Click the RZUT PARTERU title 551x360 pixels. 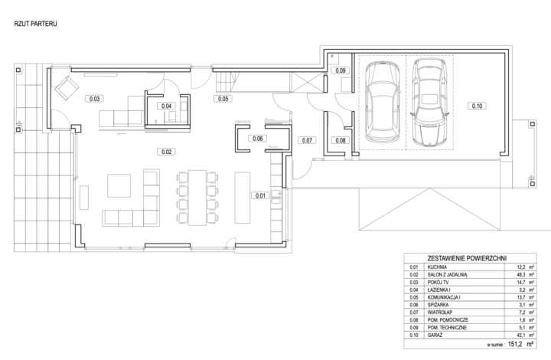pos(35,24)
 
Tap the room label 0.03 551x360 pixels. pos(95,99)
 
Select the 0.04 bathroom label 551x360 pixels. pos(166,106)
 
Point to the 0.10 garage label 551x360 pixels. pos(477,106)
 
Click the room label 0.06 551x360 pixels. pos(258,139)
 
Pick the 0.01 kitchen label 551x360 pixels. pos(260,195)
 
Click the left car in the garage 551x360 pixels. pos(383,102)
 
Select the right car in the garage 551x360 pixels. pos(430,102)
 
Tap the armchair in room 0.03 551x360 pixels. pos(66,88)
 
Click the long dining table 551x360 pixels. pos(197,198)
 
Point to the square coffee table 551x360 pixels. pos(119,185)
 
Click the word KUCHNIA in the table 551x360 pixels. pos(437,267)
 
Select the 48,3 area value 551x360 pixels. pos(521,274)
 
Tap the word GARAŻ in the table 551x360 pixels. pos(435,335)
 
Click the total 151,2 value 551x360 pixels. pos(516,344)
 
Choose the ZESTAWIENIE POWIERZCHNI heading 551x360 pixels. pos(467,258)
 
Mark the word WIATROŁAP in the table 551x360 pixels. pos(439,313)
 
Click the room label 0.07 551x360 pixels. pos(307,140)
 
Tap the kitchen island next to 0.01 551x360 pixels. pos(243,198)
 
